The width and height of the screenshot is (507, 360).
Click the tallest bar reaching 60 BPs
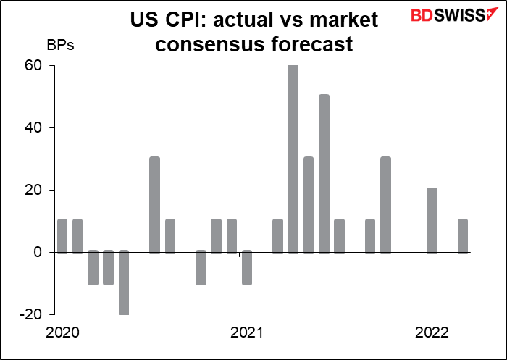(293, 159)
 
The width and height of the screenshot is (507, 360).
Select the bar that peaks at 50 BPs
(324, 174)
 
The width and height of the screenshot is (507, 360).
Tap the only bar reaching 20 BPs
(432, 220)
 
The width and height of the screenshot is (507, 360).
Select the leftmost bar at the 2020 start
(62, 236)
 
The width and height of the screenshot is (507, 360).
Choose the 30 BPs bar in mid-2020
(154, 205)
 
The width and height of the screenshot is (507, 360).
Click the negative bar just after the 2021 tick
(247, 267)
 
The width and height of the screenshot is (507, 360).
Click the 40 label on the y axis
(34, 128)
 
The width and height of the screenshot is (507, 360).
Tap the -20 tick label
(31, 314)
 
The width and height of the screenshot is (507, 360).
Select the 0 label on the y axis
(38, 252)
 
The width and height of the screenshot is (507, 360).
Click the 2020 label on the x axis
(62, 332)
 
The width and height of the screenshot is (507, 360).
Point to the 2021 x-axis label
(246, 332)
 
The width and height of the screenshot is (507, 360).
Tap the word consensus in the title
(211, 44)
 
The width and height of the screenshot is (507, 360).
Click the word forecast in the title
(312, 44)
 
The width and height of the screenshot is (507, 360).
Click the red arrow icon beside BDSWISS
(493, 14)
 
